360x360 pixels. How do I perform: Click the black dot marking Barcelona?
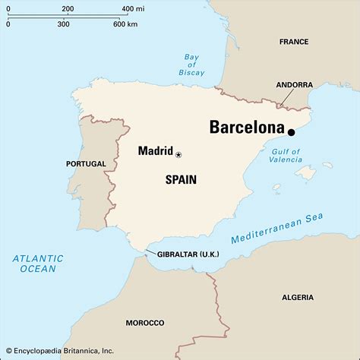click(291, 132)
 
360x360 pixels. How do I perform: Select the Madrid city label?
click(155, 150)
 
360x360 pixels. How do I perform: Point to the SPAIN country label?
click(181, 180)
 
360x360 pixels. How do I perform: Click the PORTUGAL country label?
click(86, 164)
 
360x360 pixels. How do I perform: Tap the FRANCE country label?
click(294, 42)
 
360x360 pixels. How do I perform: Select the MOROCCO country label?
click(145, 323)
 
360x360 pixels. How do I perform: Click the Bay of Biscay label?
click(191, 65)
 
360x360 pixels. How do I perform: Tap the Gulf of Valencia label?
click(286, 156)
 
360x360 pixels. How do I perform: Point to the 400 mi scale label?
click(132, 9)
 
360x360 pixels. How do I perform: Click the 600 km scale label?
click(125, 24)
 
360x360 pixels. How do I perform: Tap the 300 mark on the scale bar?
click(63, 24)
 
